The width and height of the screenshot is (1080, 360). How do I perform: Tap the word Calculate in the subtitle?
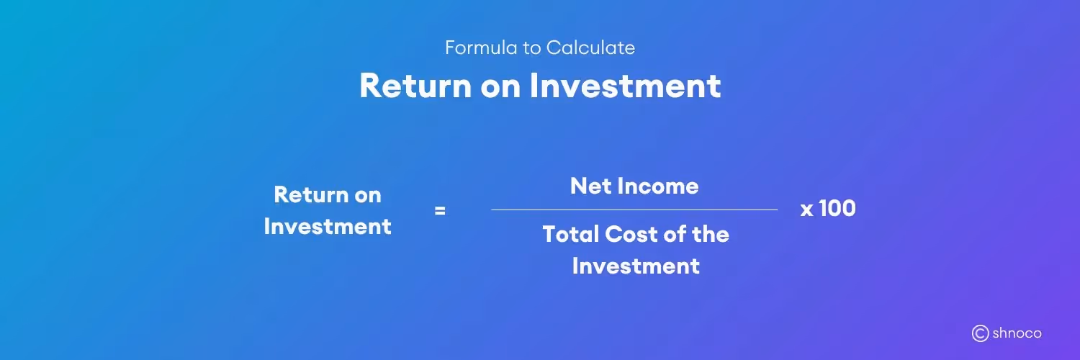coord(590,48)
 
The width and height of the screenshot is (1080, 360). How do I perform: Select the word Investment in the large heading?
coord(625,86)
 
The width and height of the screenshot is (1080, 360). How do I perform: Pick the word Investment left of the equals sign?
coord(328,226)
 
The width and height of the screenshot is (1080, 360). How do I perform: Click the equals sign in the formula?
coord(440,211)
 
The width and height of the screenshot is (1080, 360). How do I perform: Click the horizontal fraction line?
coord(634,210)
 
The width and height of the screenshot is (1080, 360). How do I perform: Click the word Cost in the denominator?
coord(628,234)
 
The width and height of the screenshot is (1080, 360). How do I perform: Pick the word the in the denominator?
coord(711,234)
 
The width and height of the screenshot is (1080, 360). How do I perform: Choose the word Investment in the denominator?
coord(636,266)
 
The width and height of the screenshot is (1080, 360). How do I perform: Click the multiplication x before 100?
coord(806,210)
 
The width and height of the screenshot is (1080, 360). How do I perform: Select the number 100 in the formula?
coord(837,209)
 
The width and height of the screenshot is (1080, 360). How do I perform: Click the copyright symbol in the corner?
coord(980,333)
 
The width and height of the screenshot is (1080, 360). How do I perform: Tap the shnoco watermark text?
coord(1017,333)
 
